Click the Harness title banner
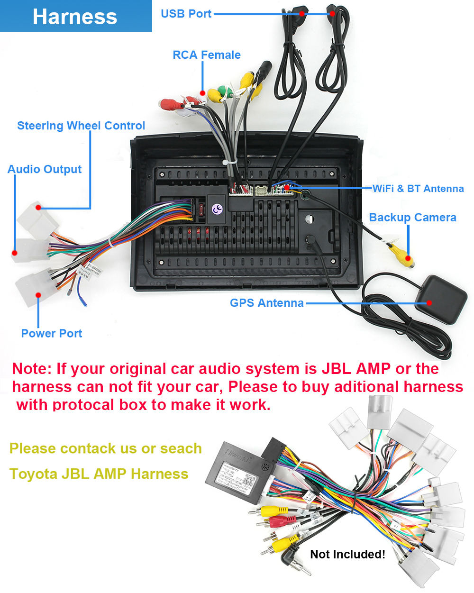(75, 17)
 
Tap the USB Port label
(186, 14)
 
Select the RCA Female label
(206, 55)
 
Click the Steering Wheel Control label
(81, 126)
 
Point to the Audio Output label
(45, 169)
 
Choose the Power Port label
(52, 333)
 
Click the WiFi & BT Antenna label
(418, 189)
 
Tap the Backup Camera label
(412, 218)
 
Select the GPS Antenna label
(266, 303)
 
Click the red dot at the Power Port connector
(38, 295)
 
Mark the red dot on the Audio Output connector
(15, 253)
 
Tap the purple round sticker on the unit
(217, 209)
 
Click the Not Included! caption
(347, 554)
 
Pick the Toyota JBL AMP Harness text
(99, 474)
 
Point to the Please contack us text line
(105, 448)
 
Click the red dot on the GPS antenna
(429, 303)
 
